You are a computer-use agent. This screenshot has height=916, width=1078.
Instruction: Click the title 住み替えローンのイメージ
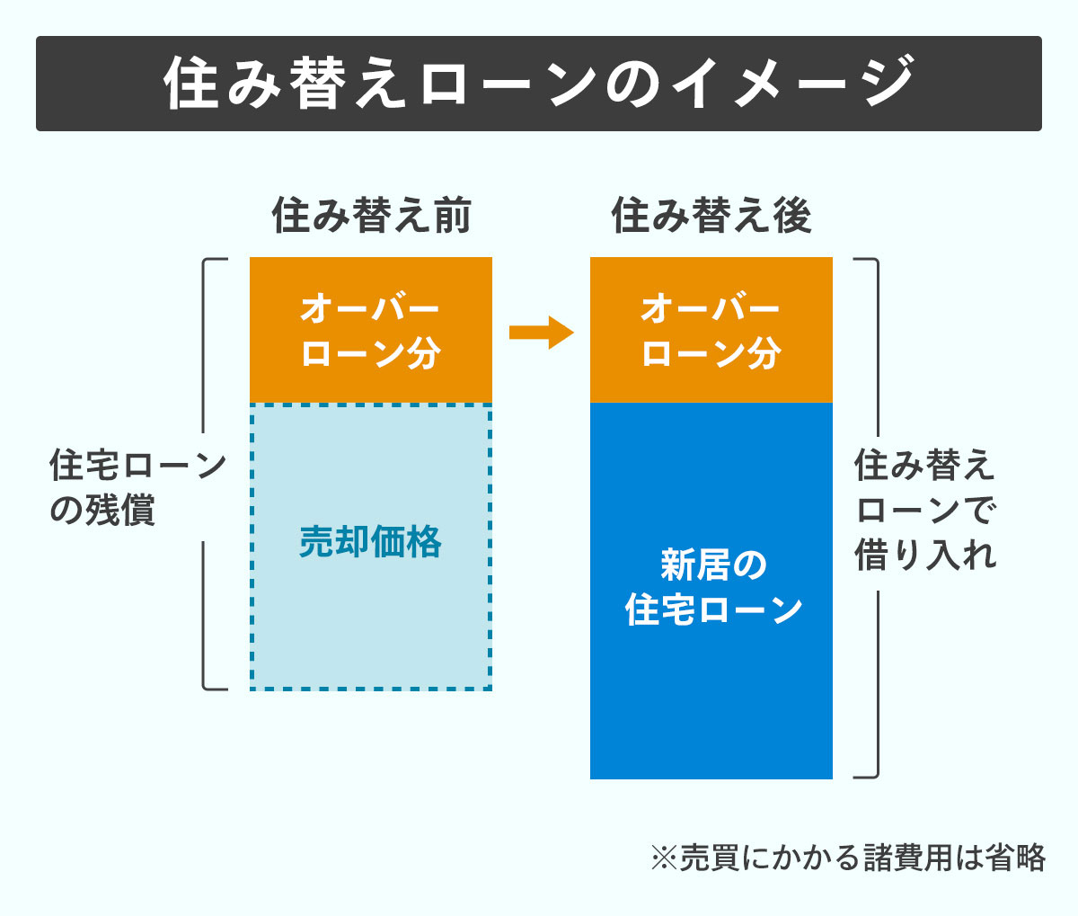point(539,84)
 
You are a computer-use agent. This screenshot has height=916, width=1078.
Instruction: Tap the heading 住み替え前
point(371,216)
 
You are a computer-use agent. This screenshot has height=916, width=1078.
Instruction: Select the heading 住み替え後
point(711,216)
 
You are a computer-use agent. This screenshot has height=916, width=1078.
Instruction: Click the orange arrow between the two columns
point(541,333)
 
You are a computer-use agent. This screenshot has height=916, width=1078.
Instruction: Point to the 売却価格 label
point(370,542)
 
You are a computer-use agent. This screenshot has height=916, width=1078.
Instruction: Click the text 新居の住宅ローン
point(713,587)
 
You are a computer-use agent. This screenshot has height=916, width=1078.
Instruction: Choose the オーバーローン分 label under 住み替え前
point(370,331)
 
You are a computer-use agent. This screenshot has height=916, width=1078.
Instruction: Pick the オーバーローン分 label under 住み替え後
point(711,331)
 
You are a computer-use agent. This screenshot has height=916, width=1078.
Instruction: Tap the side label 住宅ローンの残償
point(137,488)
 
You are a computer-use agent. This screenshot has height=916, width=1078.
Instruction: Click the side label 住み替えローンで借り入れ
point(925,510)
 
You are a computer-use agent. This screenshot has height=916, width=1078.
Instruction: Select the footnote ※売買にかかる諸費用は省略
point(847,858)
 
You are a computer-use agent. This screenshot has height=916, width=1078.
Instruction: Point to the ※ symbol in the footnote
point(663,858)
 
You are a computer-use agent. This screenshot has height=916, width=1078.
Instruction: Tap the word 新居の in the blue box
point(713,565)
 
